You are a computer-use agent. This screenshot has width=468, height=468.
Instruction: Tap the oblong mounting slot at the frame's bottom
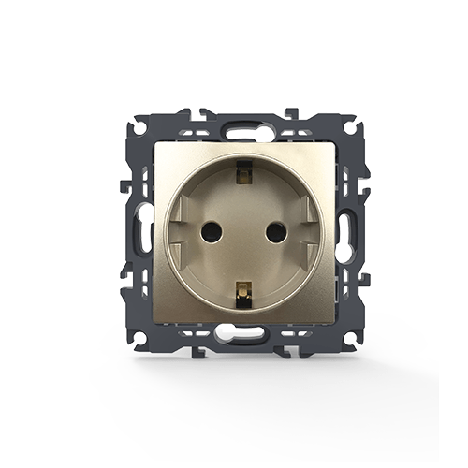click(x=234, y=331)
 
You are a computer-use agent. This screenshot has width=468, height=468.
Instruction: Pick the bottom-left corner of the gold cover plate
click(x=154, y=322)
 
